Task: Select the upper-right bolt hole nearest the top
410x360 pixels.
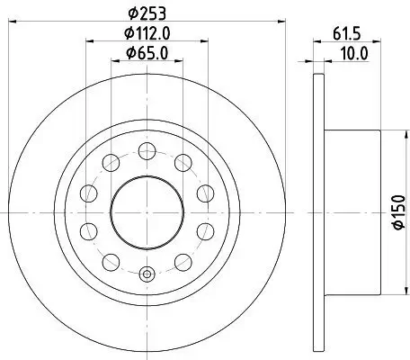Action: (x=183, y=162)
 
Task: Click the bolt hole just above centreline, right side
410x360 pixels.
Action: (x=204, y=193)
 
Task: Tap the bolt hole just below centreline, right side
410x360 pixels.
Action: (x=204, y=231)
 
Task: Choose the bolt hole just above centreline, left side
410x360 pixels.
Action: (x=88, y=193)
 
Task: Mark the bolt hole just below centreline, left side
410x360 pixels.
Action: (x=88, y=231)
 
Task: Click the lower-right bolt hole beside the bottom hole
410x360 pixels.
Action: (x=183, y=262)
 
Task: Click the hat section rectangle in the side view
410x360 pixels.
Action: (x=352, y=212)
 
